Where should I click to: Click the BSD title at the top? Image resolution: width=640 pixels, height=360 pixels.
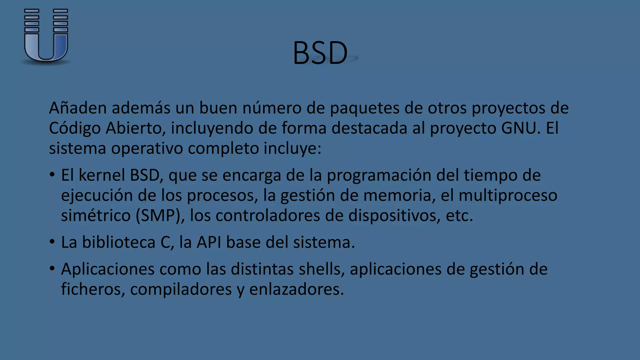[320, 53]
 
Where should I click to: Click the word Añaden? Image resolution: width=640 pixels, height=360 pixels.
[78, 108]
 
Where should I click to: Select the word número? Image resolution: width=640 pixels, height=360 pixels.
[272, 108]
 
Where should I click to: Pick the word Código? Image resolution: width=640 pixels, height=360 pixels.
[74, 128]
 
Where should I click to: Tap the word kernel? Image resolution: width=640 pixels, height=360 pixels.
[102, 175]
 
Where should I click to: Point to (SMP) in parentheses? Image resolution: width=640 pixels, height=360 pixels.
[160, 216]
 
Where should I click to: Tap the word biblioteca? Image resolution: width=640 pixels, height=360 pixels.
[118, 242]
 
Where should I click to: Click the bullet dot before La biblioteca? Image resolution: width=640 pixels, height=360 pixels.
[52, 242]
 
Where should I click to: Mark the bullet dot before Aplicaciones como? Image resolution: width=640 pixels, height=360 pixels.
[52, 268]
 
